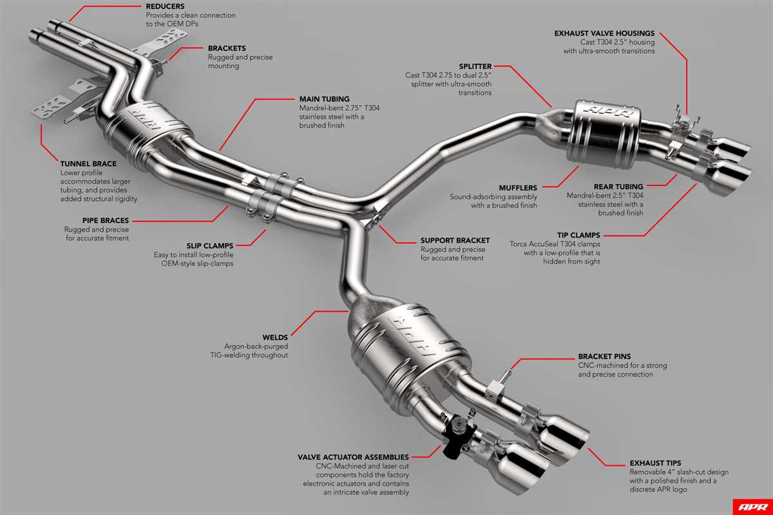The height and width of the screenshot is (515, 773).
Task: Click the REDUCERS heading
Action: pos(165,5)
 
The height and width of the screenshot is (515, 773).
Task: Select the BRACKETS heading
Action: pos(227,48)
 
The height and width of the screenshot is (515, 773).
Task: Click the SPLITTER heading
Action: pos(475,66)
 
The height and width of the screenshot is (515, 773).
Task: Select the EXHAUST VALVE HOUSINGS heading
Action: pos(605,33)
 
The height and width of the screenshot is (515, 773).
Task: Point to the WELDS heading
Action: pos(275,337)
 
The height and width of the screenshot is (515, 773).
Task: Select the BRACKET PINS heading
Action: pos(604,356)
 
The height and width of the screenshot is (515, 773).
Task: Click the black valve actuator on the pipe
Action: pos(459,426)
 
